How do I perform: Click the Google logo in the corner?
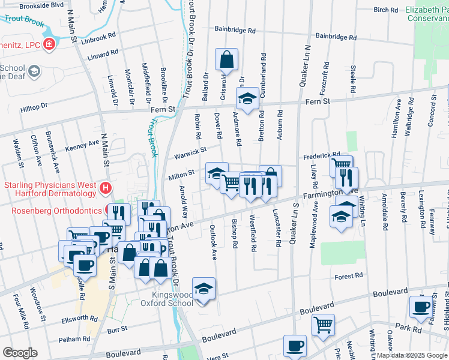pyautogui.click(x=20, y=353)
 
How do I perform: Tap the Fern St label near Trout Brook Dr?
pyautogui.click(x=163, y=109)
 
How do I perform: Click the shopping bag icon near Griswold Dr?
pyautogui.click(x=226, y=60)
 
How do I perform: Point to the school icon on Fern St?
pyautogui.click(x=247, y=98)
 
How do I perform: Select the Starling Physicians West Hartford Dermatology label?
pyautogui.click(x=50, y=188)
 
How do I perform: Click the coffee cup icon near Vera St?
pyautogui.click(x=295, y=346)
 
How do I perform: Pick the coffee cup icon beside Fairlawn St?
pyautogui.click(x=420, y=307)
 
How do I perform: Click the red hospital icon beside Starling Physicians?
pyautogui.click(x=106, y=188)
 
